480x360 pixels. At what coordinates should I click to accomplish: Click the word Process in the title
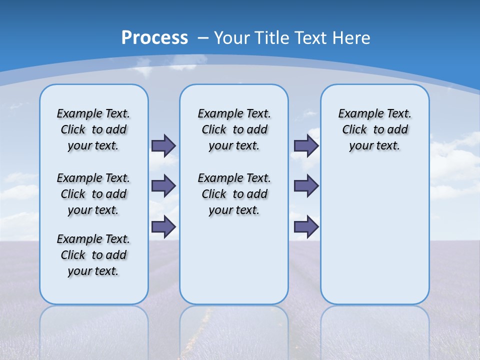pyautogui.click(x=154, y=38)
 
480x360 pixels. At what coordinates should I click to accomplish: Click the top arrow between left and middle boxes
pyautogui.click(x=163, y=145)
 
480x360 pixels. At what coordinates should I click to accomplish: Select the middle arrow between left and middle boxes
pyautogui.click(x=163, y=186)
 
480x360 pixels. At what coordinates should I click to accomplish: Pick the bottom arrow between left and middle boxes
pyautogui.click(x=163, y=226)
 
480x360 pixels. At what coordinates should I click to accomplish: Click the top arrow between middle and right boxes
pyautogui.click(x=306, y=145)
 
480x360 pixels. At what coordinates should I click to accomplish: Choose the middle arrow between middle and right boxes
pyautogui.click(x=306, y=186)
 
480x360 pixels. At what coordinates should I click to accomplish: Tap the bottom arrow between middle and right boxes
pyautogui.click(x=306, y=226)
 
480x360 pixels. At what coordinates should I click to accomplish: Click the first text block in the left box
pyautogui.click(x=93, y=129)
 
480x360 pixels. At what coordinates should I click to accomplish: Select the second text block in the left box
pyautogui.click(x=93, y=194)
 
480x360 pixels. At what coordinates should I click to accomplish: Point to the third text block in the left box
pyautogui.click(x=93, y=255)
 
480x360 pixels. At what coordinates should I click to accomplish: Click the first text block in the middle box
pyautogui.click(x=234, y=129)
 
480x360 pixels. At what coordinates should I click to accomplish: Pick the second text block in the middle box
pyautogui.click(x=234, y=194)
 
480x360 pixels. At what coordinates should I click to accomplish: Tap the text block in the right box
pyautogui.click(x=374, y=129)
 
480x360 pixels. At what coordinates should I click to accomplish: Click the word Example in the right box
pyautogui.click(x=357, y=114)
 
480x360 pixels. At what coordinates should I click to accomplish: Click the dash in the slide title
pyautogui.click(x=202, y=38)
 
